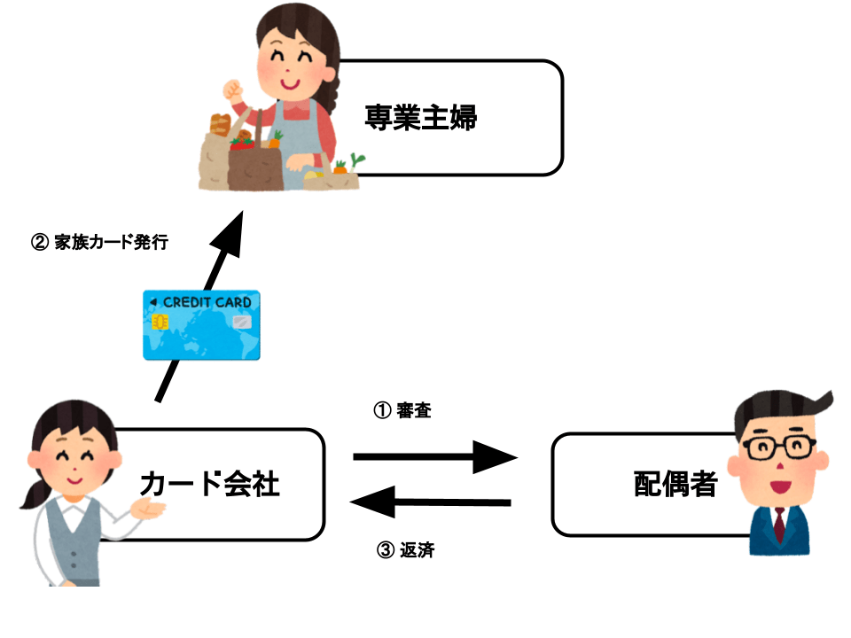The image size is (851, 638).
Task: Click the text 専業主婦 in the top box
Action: pyautogui.click(x=420, y=116)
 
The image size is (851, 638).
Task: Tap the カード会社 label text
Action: pyautogui.click(x=209, y=483)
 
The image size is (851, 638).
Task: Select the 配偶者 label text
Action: pyautogui.click(x=675, y=484)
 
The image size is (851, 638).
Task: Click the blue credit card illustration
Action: pyautogui.click(x=202, y=324)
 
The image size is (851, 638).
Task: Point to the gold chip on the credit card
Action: pyautogui.click(x=160, y=323)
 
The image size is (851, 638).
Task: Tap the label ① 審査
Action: pyautogui.click(x=402, y=411)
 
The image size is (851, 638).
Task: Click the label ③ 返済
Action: pyautogui.click(x=406, y=550)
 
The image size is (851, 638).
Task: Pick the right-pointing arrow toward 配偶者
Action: pyautogui.click(x=434, y=456)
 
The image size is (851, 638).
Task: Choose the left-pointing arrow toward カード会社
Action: pyautogui.click(x=431, y=502)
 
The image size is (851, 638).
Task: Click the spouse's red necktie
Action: pyautogui.click(x=778, y=525)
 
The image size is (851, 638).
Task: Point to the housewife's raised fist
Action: pyautogui.click(x=233, y=89)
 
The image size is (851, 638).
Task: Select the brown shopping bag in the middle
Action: pyautogui.click(x=254, y=165)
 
